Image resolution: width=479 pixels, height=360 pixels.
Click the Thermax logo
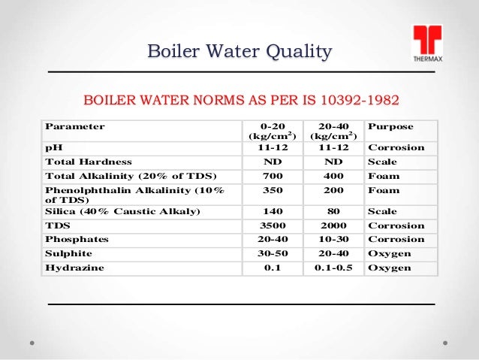tap(426, 44)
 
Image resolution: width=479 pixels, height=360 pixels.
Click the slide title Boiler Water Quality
tap(239, 52)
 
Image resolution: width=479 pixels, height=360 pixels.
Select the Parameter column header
tap(75, 126)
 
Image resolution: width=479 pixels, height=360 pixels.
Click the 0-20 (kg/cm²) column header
tap(273, 132)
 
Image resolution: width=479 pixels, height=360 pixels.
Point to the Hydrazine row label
tap(74, 267)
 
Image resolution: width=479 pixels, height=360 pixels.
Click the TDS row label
tap(56, 225)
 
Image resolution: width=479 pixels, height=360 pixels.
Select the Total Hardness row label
tap(89, 162)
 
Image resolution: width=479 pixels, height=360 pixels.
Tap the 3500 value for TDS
tap(273, 225)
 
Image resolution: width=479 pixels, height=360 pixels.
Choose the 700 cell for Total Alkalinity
tap(273, 176)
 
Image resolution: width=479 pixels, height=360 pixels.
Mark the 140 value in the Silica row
tap(273, 211)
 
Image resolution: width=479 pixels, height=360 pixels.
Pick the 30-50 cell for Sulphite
tap(273, 253)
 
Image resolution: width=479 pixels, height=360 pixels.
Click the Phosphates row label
tap(77, 239)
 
